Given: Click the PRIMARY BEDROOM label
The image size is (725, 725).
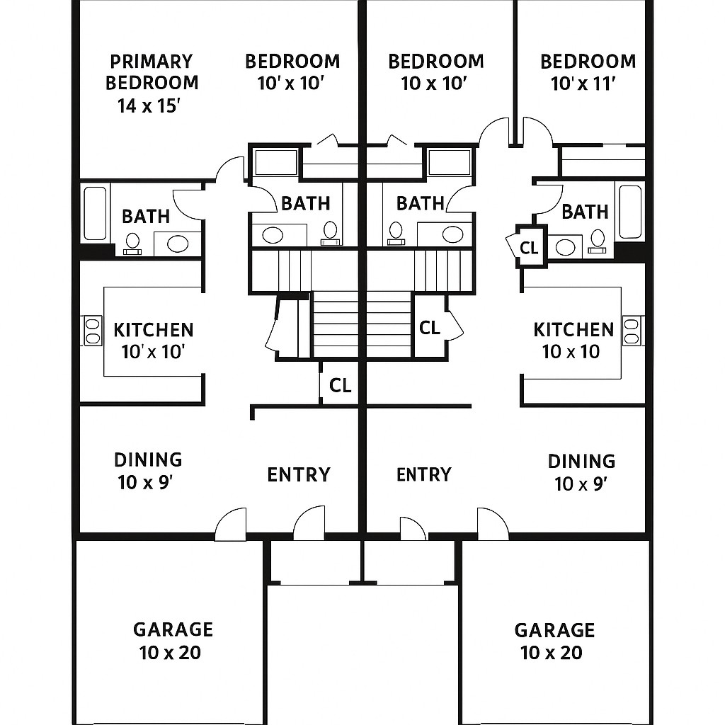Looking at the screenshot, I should point(152,72).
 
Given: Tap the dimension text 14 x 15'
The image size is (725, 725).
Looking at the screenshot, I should point(151,106).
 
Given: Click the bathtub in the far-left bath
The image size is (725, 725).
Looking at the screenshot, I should point(94,212).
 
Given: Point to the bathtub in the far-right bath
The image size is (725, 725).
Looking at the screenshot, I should point(629,212).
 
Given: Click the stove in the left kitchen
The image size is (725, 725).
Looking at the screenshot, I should point(93,331).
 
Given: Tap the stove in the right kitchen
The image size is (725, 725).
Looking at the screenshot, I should point(632,331).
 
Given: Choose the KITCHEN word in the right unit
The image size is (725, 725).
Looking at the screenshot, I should point(573,329).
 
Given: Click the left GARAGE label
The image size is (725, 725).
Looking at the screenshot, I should point(173,629).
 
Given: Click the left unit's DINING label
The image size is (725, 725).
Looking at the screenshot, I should point(148,459).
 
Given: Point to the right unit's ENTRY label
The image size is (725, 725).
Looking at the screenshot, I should point(423,474).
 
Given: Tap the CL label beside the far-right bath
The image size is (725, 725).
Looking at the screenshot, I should point(529,248).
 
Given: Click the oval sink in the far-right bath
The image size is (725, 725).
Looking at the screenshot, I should point(565,246).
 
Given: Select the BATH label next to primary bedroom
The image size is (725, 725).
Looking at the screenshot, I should point(146,217).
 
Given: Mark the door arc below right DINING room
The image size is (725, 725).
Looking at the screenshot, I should point(493,523).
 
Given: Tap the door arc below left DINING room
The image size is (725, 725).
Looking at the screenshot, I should point(231,525).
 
